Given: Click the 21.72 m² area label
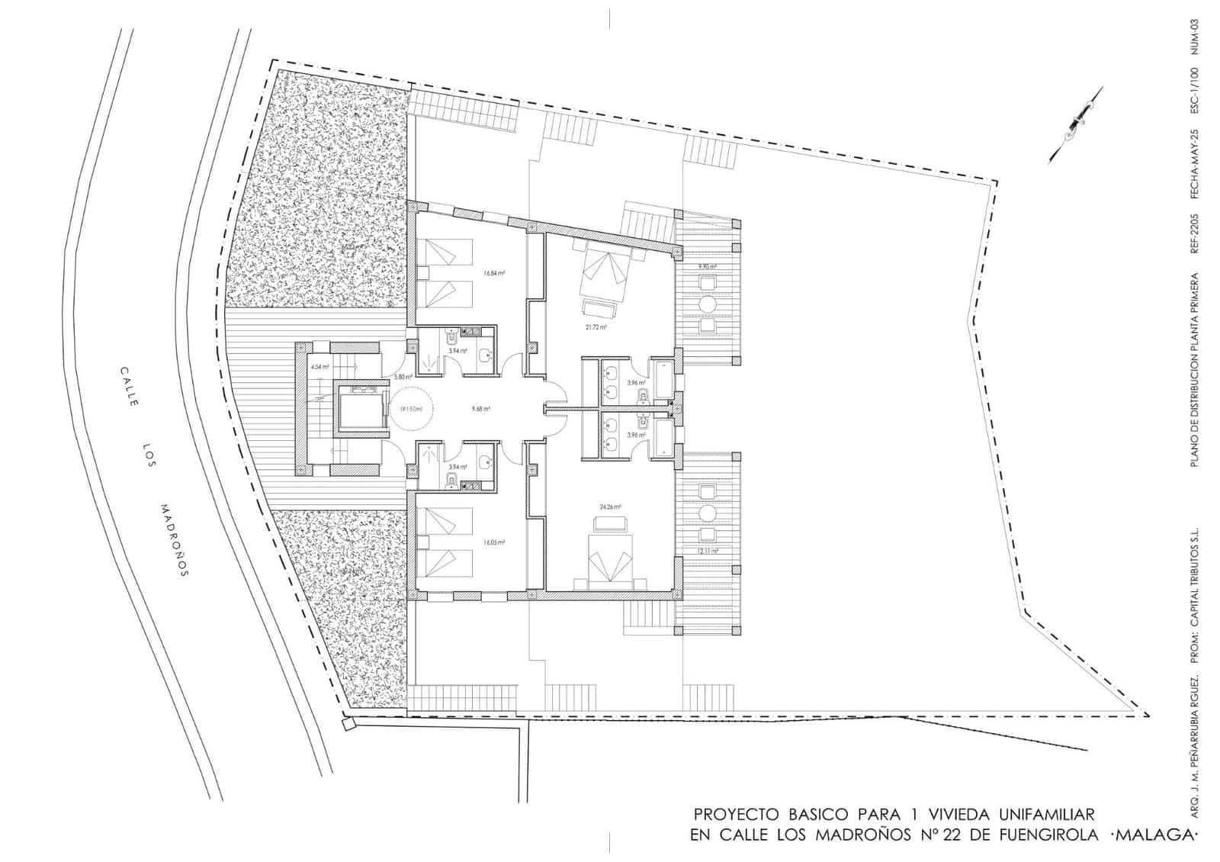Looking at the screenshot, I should pyautogui.click(x=596, y=327).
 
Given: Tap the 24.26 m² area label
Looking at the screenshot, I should pyautogui.click(x=610, y=507).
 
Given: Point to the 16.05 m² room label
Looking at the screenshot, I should pyautogui.click(x=494, y=542).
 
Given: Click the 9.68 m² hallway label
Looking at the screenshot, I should pyautogui.click(x=480, y=409).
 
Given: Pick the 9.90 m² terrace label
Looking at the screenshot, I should pyautogui.click(x=708, y=267).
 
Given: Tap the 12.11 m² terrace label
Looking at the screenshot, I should pyautogui.click(x=708, y=550).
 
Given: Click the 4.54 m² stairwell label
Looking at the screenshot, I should pyautogui.click(x=319, y=367).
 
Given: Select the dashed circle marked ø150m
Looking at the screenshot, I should pyautogui.click(x=411, y=409).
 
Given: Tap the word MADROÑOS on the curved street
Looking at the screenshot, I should pyautogui.click(x=174, y=540).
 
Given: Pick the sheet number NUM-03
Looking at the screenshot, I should pyautogui.click(x=1195, y=36).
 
